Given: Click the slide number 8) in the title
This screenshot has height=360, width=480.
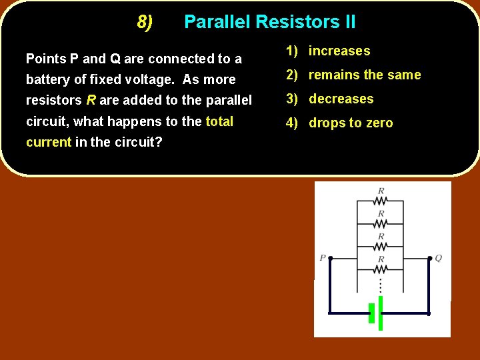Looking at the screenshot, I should [145, 22].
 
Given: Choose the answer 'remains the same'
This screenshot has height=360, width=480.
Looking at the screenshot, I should [353, 75].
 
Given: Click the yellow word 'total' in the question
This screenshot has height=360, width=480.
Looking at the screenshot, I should [219, 121].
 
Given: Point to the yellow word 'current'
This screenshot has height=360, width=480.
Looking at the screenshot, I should [48, 142].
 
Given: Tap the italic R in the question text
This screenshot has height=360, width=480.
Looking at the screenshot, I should [91, 101].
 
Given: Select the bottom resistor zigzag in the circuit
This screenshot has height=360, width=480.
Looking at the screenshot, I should [380, 269].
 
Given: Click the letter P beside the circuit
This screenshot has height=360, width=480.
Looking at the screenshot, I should [323, 258].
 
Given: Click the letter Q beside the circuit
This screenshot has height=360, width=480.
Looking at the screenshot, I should [438, 258].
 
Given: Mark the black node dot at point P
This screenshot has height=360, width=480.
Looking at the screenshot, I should [331, 258].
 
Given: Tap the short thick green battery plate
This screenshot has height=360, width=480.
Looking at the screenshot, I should [371, 313].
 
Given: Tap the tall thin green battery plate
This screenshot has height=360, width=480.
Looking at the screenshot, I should [381, 313].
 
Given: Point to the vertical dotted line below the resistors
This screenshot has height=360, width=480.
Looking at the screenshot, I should [380, 285].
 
